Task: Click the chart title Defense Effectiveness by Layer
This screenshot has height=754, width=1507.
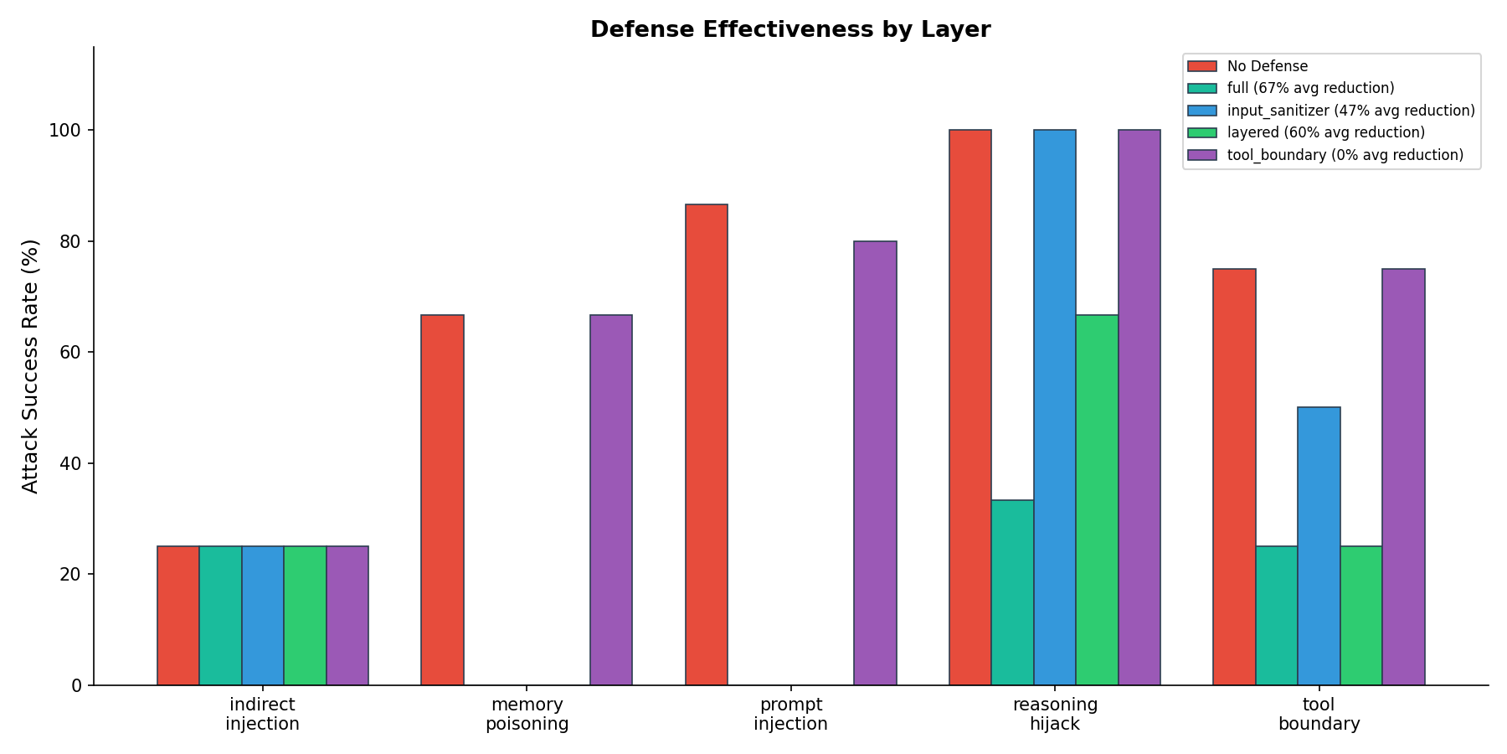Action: (790, 29)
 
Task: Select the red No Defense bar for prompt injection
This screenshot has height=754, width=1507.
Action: (706, 444)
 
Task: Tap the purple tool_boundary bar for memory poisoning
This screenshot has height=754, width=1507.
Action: (611, 500)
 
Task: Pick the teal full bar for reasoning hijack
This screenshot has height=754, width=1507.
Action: (1012, 592)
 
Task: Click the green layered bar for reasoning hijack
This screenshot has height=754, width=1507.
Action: (1097, 500)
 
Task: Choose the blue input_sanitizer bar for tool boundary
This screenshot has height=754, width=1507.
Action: (1319, 546)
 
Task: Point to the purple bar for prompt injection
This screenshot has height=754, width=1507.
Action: (875, 463)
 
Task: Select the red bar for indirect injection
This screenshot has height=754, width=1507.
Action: (178, 616)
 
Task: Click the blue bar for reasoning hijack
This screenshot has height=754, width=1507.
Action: (1055, 407)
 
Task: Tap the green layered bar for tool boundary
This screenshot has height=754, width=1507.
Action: (1360, 616)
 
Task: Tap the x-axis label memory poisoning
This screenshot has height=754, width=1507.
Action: (527, 714)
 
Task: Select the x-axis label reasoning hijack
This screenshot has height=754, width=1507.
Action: (1055, 714)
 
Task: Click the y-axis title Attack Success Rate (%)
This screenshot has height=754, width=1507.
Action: (30, 366)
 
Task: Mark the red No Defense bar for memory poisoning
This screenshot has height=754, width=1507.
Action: (442, 500)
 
